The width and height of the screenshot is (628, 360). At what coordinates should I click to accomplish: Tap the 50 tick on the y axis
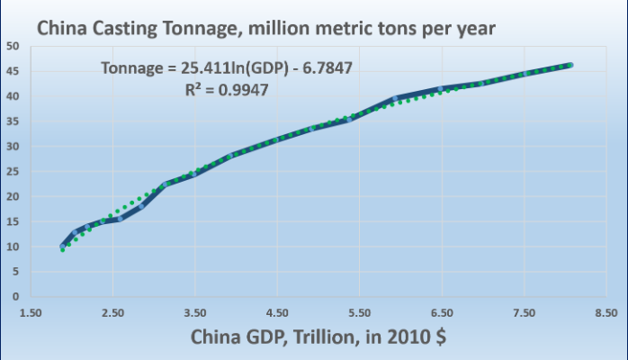(x=12, y=46)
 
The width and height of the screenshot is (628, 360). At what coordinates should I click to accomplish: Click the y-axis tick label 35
(x=12, y=121)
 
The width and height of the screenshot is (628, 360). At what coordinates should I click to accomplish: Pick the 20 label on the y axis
(x=12, y=196)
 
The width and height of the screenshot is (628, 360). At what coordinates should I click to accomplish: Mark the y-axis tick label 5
(x=14, y=272)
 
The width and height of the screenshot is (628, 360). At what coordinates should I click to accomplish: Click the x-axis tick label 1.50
(x=30, y=313)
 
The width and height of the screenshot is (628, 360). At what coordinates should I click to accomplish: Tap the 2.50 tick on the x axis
(x=112, y=313)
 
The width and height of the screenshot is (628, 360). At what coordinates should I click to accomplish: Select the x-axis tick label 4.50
(x=277, y=313)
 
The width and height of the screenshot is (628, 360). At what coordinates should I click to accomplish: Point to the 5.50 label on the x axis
(x=359, y=313)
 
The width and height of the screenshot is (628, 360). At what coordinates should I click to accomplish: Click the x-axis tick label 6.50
(x=442, y=313)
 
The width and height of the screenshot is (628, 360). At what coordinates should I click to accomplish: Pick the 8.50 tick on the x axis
(x=606, y=313)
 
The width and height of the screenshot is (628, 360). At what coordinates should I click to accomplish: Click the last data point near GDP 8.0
(x=570, y=65)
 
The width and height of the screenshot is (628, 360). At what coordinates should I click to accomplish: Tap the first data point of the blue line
(x=63, y=246)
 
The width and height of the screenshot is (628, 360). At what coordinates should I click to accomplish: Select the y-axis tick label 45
(x=12, y=71)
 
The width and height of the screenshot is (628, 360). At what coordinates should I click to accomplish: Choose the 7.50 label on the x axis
(x=524, y=313)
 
